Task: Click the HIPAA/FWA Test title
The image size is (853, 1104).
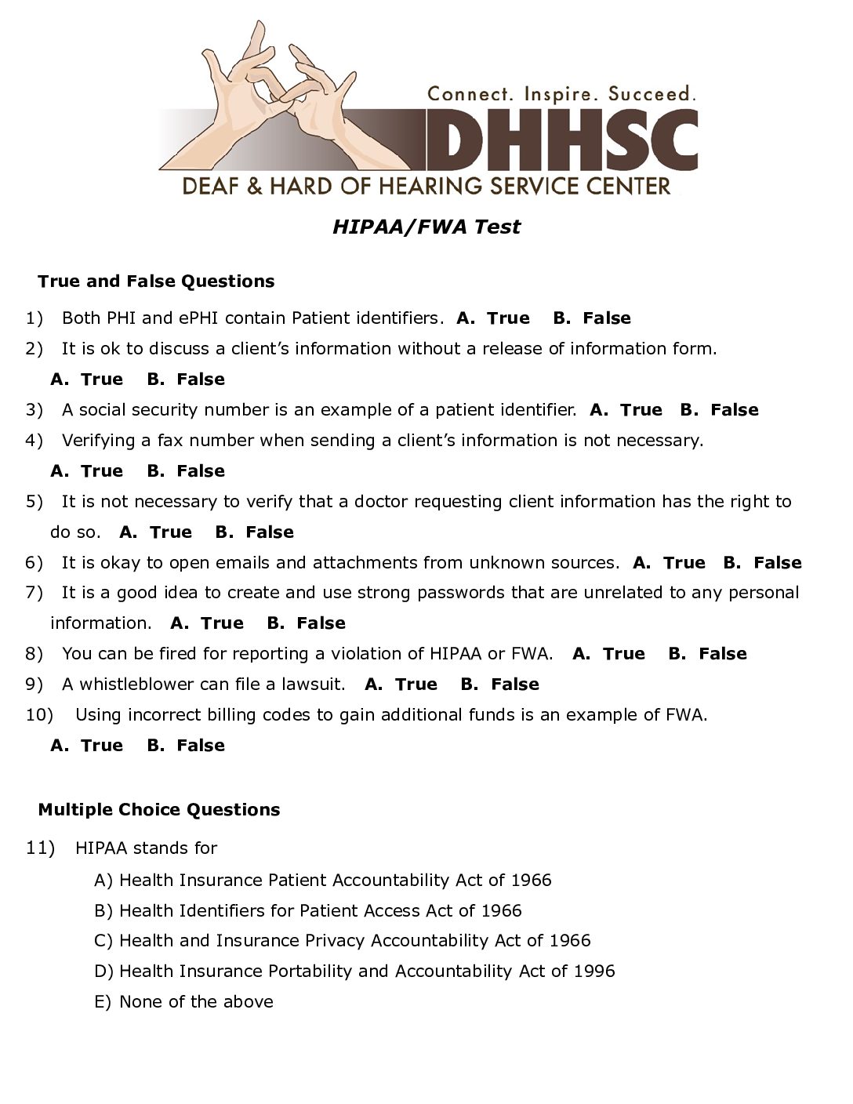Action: pos(426,227)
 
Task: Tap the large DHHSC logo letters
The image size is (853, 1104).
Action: pos(561,141)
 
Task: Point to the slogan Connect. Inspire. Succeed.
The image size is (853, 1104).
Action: pos(561,94)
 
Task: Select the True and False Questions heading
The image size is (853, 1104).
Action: pos(156,281)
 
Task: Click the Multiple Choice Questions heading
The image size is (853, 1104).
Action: pos(158,810)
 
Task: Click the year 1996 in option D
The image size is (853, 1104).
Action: pos(594,971)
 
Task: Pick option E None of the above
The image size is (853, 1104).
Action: pos(195,1002)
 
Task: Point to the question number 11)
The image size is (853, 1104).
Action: pos(41,848)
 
